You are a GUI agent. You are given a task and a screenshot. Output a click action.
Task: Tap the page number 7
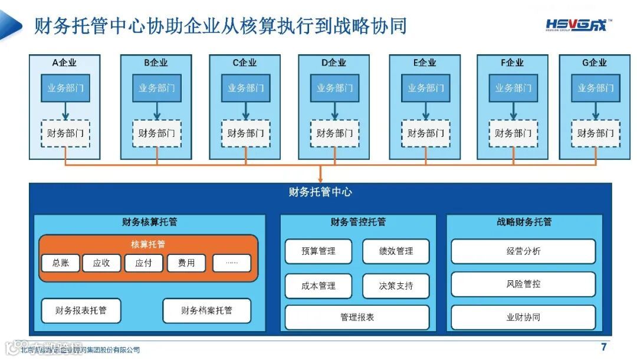(x=603, y=347)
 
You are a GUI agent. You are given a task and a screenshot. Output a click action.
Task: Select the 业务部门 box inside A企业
(x=65, y=89)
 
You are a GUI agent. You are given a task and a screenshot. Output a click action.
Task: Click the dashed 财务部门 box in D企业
(x=334, y=133)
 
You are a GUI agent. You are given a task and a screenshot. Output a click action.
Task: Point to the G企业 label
(x=595, y=63)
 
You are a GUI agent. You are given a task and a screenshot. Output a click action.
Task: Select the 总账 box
(x=61, y=263)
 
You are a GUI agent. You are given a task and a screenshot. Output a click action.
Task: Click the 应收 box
(x=101, y=263)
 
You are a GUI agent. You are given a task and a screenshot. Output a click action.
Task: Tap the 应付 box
(x=143, y=263)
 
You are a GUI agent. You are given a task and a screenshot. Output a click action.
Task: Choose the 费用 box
(x=186, y=263)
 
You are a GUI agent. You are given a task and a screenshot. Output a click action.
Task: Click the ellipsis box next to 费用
(x=231, y=263)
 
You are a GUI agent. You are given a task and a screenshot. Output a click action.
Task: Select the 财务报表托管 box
(x=81, y=310)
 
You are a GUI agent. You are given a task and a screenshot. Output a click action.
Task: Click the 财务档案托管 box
(x=206, y=310)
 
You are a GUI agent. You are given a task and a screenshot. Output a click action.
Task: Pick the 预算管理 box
(x=318, y=251)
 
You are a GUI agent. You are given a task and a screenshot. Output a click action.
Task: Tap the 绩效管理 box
(x=396, y=251)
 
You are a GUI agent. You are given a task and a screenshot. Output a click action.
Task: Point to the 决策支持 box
(x=396, y=286)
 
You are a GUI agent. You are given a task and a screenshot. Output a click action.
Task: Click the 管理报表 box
(x=357, y=318)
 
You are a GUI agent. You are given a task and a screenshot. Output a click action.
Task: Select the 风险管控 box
(x=523, y=284)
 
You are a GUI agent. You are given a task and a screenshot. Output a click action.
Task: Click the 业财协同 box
(x=523, y=318)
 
